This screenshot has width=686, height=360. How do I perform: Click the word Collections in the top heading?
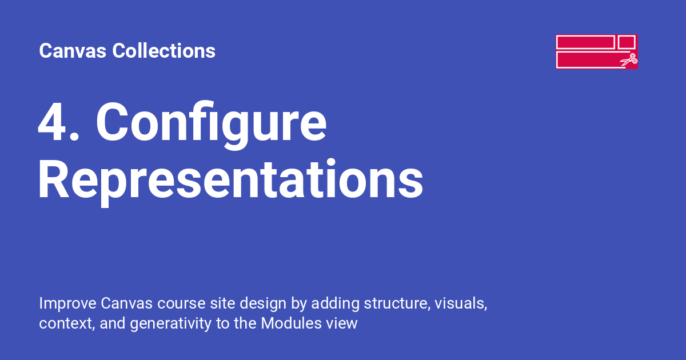(x=164, y=50)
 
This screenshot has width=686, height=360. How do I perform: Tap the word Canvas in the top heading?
(x=73, y=51)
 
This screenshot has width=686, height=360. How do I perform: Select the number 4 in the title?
(x=53, y=122)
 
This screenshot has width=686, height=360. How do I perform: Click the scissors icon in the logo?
(x=629, y=59)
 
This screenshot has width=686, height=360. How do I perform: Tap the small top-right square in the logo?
(x=627, y=42)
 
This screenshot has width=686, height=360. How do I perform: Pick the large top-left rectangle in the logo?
(x=585, y=42)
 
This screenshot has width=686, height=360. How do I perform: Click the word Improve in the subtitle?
(x=67, y=303)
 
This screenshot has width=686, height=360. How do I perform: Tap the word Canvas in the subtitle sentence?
(x=127, y=303)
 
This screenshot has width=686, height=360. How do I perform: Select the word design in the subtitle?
(x=263, y=304)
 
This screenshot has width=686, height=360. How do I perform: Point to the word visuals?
(x=461, y=303)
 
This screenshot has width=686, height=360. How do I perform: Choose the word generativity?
(x=170, y=324)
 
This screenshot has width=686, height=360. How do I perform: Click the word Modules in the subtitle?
(x=291, y=323)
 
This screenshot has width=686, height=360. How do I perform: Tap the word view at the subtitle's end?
(x=342, y=323)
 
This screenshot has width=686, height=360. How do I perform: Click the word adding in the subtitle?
(x=336, y=304)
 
